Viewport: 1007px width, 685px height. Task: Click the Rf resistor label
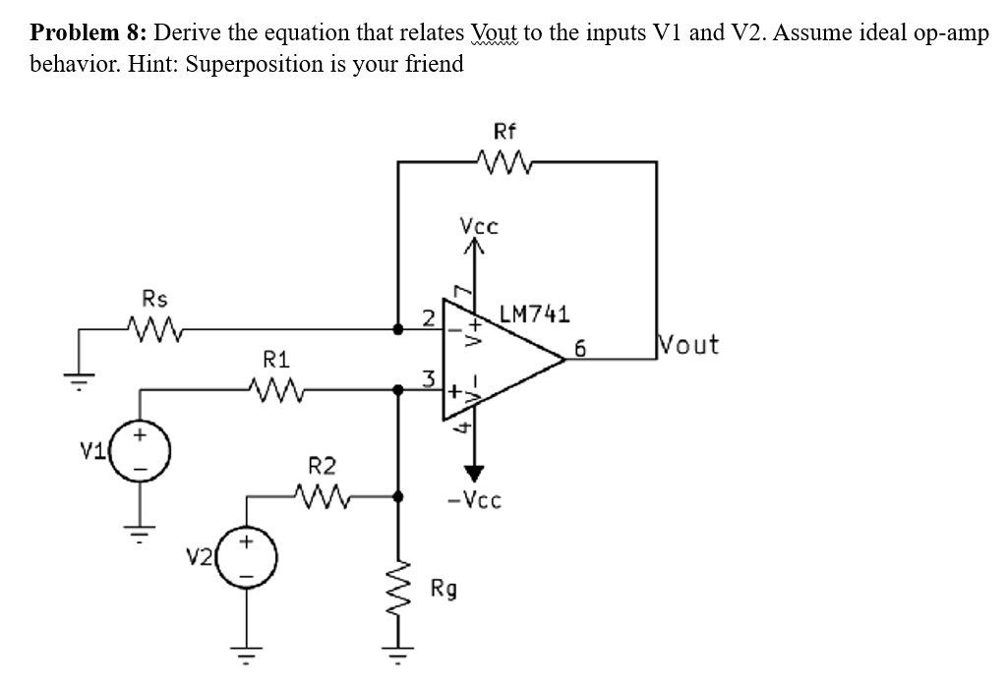[503, 132]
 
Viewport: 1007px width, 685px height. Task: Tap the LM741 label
[534, 314]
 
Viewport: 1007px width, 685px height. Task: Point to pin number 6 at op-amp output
[580, 347]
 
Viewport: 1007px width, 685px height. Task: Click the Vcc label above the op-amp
[479, 226]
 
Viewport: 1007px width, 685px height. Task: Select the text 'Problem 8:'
[89, 31]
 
